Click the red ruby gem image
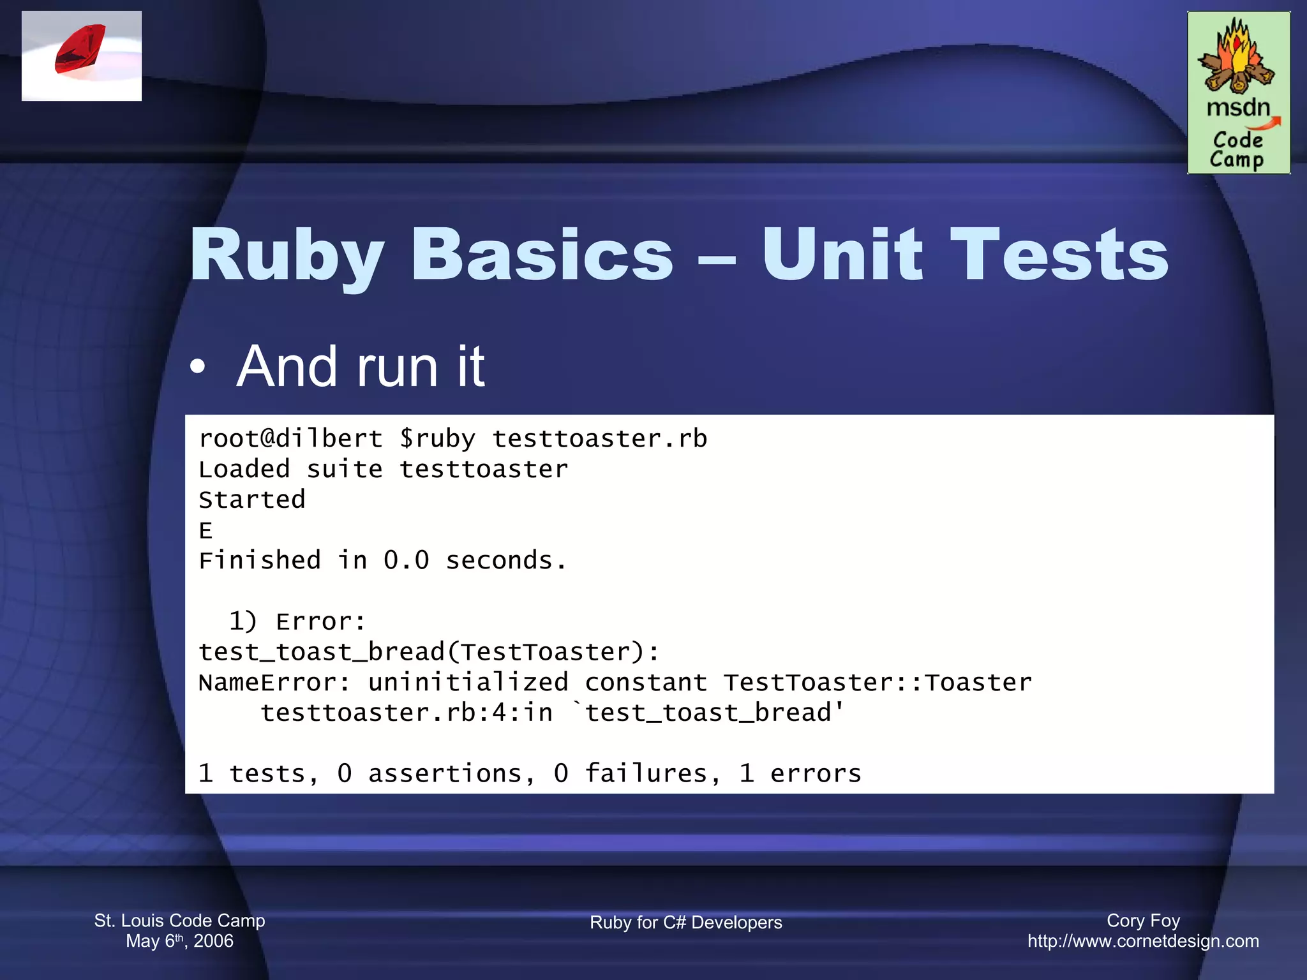[x=80, y=50]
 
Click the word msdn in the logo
[x=1237, y=107]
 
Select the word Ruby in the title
[x=287, y=256]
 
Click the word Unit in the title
[x=842, y=255]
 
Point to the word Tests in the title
[x=1059, y=255]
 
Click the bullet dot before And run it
[x=198, y=367]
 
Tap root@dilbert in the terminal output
[x=290, y=439]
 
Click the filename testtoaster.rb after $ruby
[x=599, y=439]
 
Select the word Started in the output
[x=252, y=500]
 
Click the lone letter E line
[x=205, y=530]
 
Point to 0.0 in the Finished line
[x=406, y=561]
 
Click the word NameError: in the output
[x=274, y=683]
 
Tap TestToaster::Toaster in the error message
[x=878, y=683]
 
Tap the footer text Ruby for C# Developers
[x=685, y=923]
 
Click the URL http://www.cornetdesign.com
[x=1143, y=941]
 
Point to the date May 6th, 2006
[x=179, y=941]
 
